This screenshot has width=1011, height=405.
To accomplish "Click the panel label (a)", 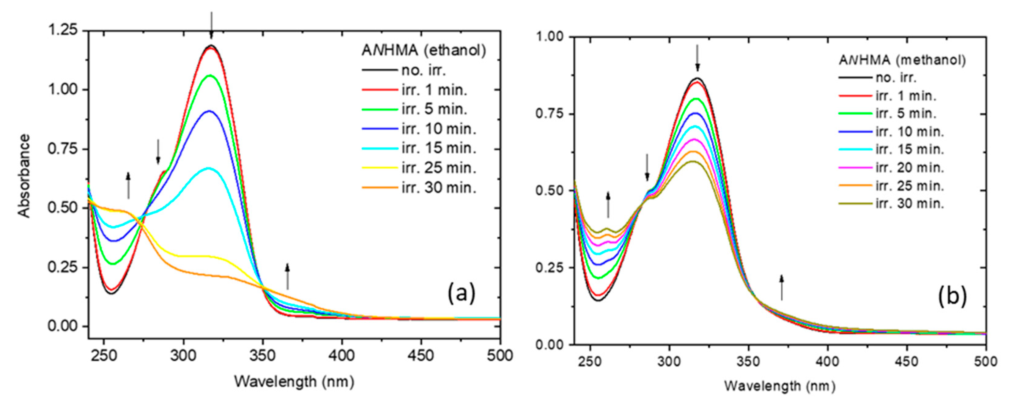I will pyautogui.click(x=461, y=294).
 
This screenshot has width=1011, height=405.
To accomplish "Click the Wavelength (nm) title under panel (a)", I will pyautogui.click(x=294, y=381).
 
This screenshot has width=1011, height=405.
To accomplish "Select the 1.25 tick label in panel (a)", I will pyautogui.click(x=62, y=31).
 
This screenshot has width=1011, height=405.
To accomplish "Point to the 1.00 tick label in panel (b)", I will pyautogui.click(x=550, y=37).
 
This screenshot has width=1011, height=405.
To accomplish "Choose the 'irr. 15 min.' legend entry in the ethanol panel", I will pyautogui.click(x=439, y=148).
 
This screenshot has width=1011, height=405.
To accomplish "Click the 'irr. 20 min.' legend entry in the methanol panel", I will pyautogui.click(x=910, y=168).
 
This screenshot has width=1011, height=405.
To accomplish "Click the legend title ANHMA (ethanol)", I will pyautogui.click(x=424, y=51).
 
